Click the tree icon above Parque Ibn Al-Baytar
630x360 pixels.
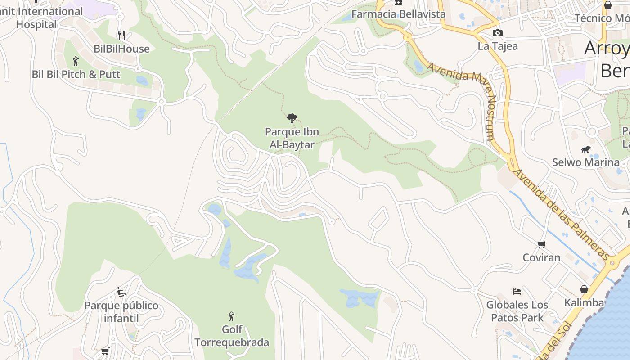point(292,118)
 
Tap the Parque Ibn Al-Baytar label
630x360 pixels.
point(292,138)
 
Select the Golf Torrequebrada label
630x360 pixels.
point(232,336)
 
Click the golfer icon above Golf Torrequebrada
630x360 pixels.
point(231,316)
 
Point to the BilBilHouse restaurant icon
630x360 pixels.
point(121,36)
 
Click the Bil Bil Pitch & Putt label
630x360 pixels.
point(76,74)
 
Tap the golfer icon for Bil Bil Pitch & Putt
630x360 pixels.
point(76,61)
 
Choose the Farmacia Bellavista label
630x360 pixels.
point(398,14)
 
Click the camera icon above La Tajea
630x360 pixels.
point(497,33)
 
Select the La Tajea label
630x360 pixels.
point(498,46)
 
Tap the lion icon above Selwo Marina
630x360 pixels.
point(585,149)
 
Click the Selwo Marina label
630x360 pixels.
point(585,162)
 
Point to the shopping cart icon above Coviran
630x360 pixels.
point(541,244)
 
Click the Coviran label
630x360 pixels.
point(541,258)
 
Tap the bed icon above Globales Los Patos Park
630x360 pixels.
point(517,292)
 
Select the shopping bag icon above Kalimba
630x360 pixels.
point(584,289)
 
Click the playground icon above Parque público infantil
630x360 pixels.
point(121,292)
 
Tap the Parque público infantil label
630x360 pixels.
point(121,312)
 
